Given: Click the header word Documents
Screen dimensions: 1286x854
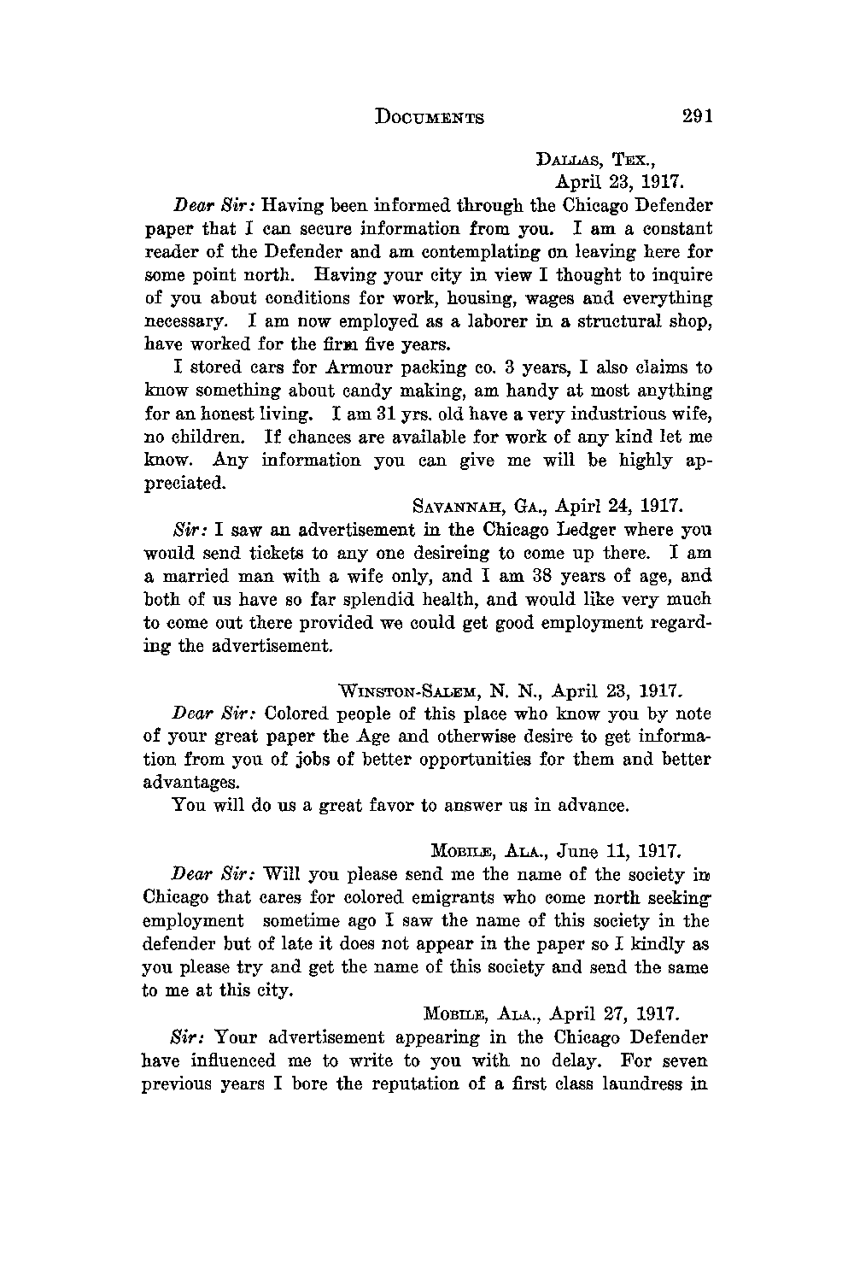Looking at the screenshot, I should coord(430,117).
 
